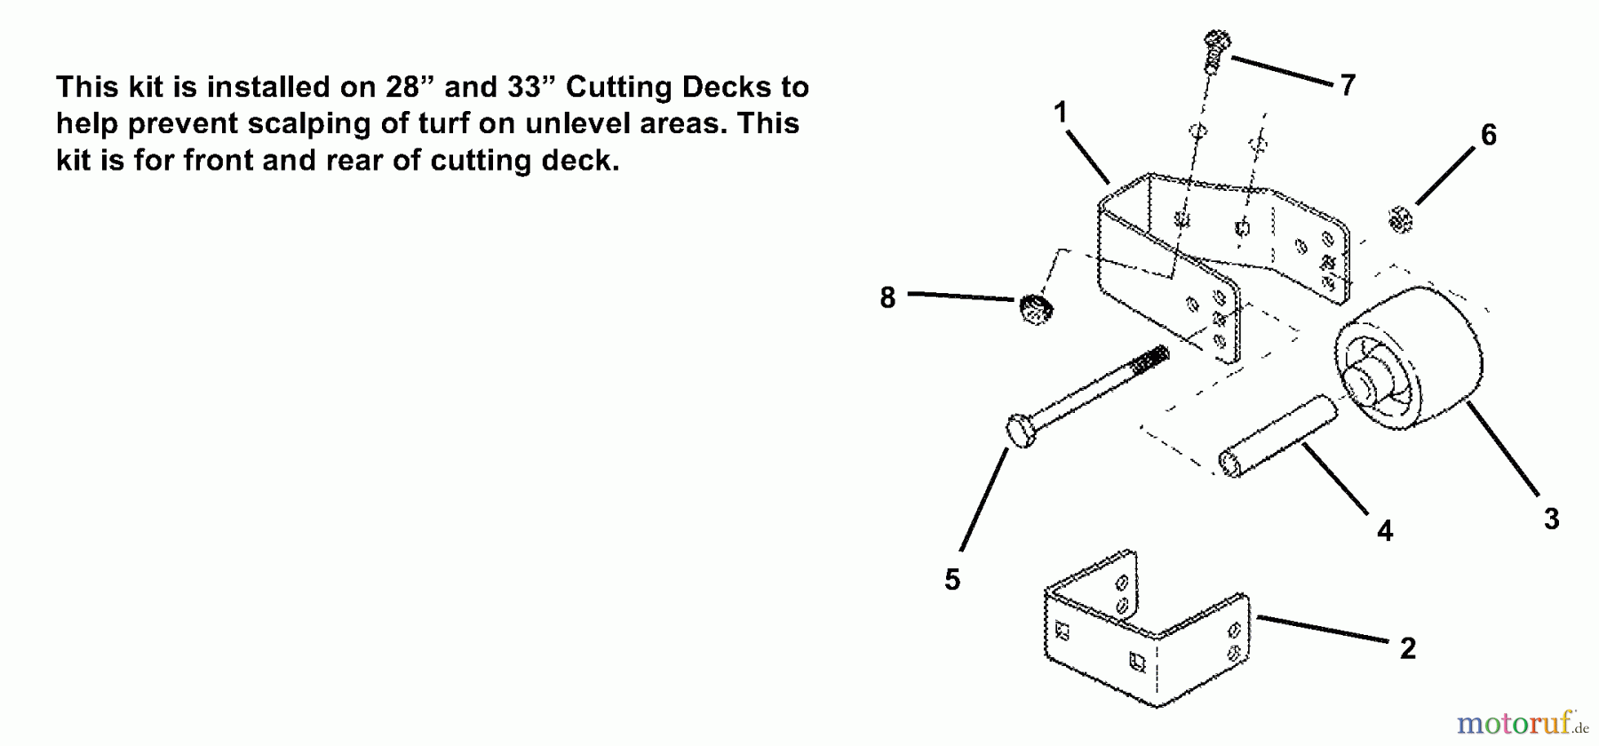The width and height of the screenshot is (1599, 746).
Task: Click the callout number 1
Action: pos(1060,113)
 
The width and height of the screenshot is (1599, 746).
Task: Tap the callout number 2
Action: pos(1408,648)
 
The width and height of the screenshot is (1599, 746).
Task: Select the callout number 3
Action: pos(1551,519)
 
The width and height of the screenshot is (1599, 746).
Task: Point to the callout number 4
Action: pos(1385,531)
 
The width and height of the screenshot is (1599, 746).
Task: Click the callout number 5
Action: pos(952,580)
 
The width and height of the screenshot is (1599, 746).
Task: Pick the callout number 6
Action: pos(1489,135)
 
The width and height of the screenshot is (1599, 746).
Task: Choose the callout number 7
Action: pos(1348,85)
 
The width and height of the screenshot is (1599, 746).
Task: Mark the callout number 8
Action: pos(887,298)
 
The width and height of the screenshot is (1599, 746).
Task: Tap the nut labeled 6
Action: pos(1400,218)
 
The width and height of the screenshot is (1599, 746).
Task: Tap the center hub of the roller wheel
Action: pos(1361,385)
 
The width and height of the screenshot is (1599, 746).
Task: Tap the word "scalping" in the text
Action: pos(310,124)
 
